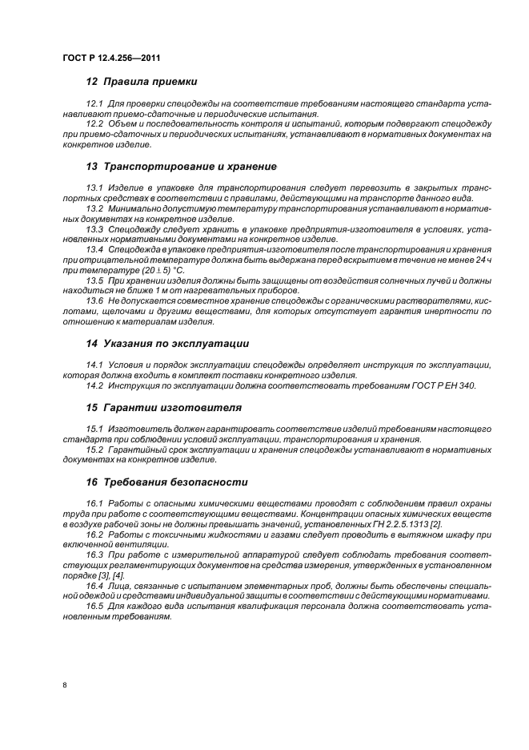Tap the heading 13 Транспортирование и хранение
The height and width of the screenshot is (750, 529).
pyautogui.click(x=181, y=167)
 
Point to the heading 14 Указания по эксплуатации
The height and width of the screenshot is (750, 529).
pyautogui.click(x=166, y=343)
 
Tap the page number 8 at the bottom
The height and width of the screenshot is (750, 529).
pyautogui.click(x=65, y=685)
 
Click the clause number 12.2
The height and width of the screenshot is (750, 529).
pyautogui.click(x=95, y=124)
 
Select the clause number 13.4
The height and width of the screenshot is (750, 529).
pyautogui.click(x=95, y=249)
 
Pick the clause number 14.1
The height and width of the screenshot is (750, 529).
pyautogui.click(x=95, y=365)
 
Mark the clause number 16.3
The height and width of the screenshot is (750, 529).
pyautogui.click(x=95, y=554)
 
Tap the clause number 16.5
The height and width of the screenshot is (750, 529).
pyautogui.click(x=95, y=606)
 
